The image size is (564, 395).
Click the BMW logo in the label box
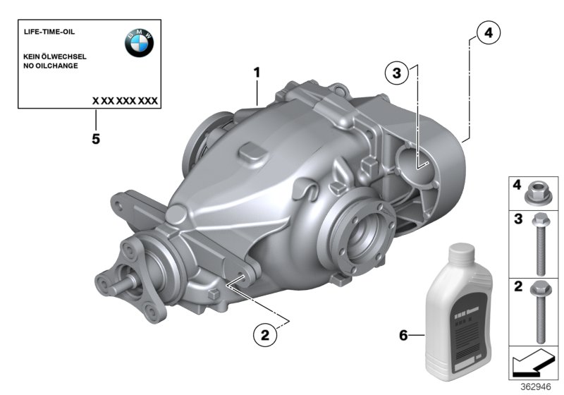pyautogui.click(x=139, y=44)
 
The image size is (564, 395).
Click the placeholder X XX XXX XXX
pyautogui.click(x=125, y=101)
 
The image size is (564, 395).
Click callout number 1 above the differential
pyautogui.click(x=257, y=72)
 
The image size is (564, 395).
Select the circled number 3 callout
pyautogui.click(x=397, y=73)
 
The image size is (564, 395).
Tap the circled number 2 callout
pyautogui.click(x=264, y=336)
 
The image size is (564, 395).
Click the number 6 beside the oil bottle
pyautogui.click(x=403, y=336)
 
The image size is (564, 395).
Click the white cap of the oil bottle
pyautogui.click(x=460, y=251)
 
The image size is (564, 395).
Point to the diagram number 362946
pyautogui.click(x=536, y=387)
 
